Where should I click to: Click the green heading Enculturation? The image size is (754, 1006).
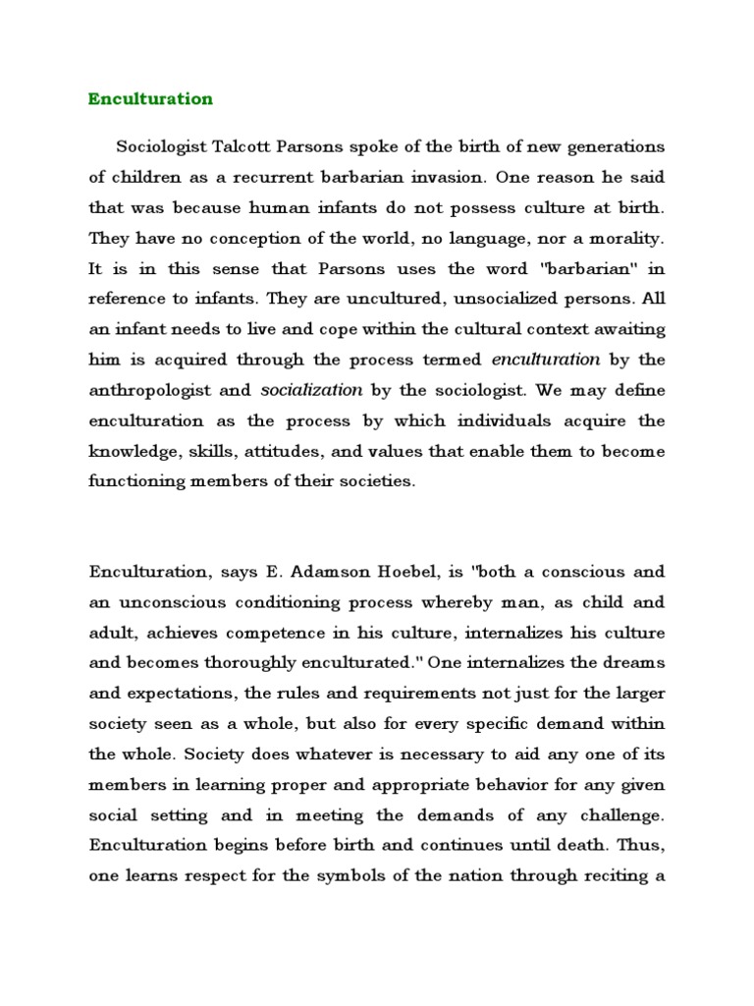pyautogui.click(x=150, y=99)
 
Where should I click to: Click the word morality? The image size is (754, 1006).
pyautogui.click(x=625, y=239)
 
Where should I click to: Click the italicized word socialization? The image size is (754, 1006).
pyautogui.click(x=311, y=390)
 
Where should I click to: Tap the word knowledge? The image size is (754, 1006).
pyautogui.click(x=133, y=451)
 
